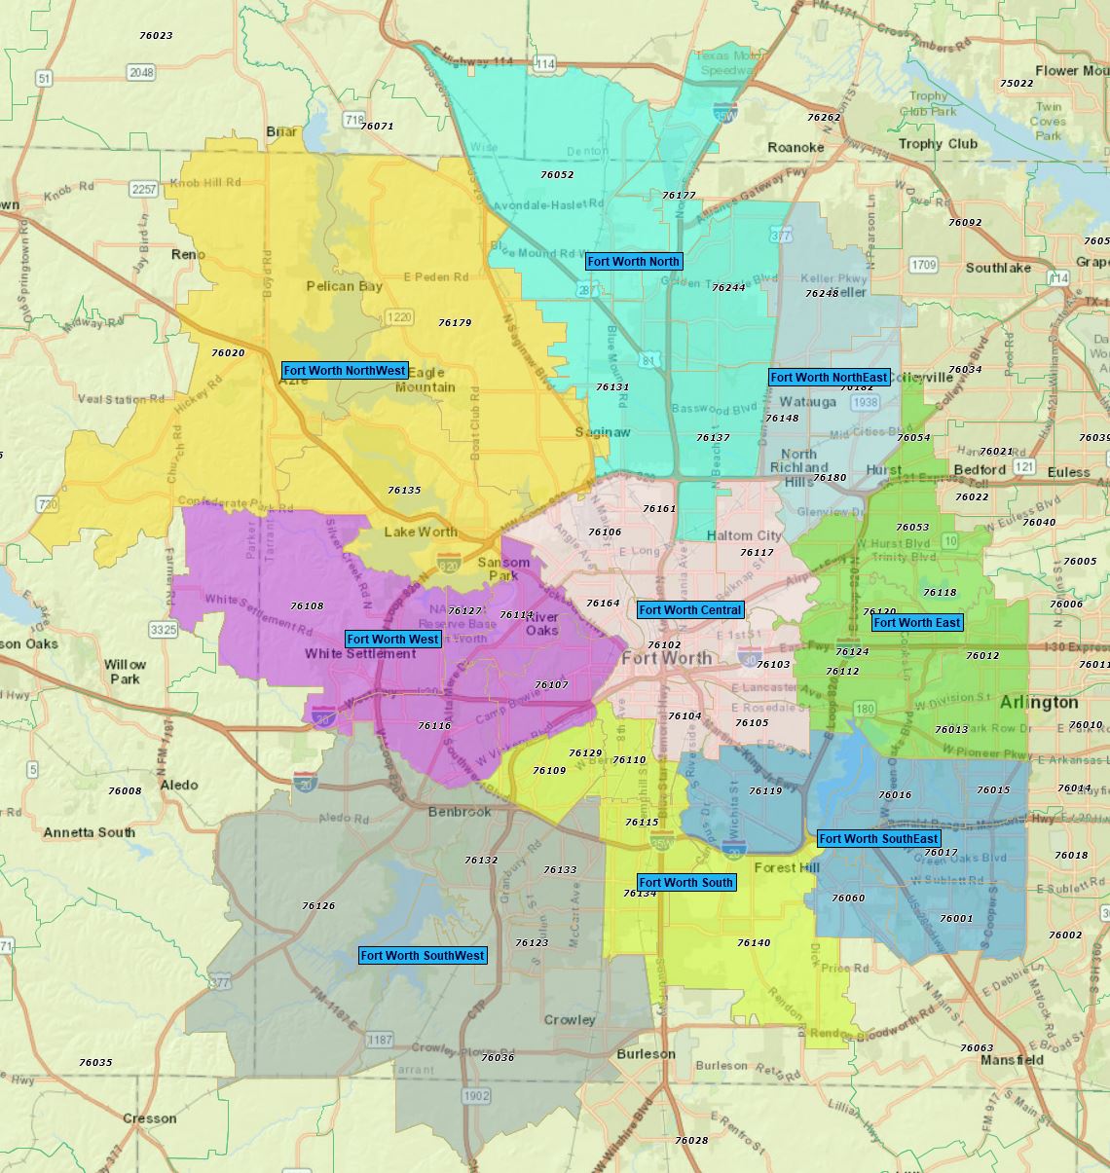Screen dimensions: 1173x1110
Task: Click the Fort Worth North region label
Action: pyautogui.click(x=633, y=262)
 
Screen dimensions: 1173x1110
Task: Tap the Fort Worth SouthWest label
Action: pyautogui.click(x=423, y=956)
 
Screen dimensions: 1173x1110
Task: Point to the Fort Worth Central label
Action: pyautogui.click(x=690, y=610)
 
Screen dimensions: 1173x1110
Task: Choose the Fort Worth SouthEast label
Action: pyautogui.click(x=878, y=839)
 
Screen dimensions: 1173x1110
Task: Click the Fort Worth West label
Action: pyautogui.click(x=392, y=640)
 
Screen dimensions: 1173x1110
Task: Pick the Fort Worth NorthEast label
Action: pyautogui.click(x=829, y=378)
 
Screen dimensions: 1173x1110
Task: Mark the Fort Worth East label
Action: pyautogui.click(x=916, y=623)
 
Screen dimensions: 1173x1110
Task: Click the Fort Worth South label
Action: pyautogui.click(x=685, y=883)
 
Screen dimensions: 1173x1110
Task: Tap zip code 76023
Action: pyautogui.click(x=156, y=36)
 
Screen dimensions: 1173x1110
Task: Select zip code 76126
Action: pyautogui.click(x=318, y=906)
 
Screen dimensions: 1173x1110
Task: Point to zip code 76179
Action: pyautogui.click(x=455, y=323)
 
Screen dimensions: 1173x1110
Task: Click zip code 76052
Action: pyautogui.click(x=557, y=175)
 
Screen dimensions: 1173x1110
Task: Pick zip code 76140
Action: pyautogui.click(x=754, y=943)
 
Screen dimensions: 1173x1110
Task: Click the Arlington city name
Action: pyautogui.click(x=1039, y=702)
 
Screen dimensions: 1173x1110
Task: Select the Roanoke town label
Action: pyautogui.click(x=795, y=148)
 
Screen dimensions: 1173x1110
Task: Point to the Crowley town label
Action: pyautogui.click(x=570, y=1020)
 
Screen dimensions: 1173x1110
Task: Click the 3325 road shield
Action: pyautogui.click(x=164, y=631)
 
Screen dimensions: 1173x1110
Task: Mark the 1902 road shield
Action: pyautogui.click(x=476, y=1096)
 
